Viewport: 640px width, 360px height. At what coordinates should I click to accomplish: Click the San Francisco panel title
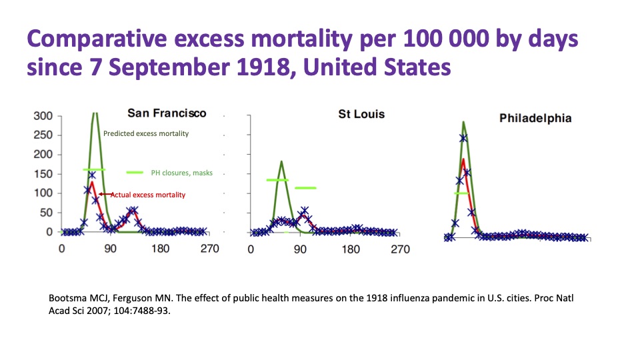167,113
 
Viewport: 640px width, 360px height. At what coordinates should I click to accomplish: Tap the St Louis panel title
361,114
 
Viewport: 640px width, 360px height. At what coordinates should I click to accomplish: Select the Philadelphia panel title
535,118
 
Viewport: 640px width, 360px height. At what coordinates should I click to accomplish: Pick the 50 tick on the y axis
45,213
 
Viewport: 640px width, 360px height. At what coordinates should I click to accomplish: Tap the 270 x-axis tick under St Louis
400,249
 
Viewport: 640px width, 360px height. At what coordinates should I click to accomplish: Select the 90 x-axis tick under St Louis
301,249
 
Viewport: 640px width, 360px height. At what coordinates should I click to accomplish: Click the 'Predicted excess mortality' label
145,133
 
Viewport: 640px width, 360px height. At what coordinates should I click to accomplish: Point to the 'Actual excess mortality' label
147,195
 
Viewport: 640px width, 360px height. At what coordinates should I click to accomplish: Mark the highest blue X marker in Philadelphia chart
463,139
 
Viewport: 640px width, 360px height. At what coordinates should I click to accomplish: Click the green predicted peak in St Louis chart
281,161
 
